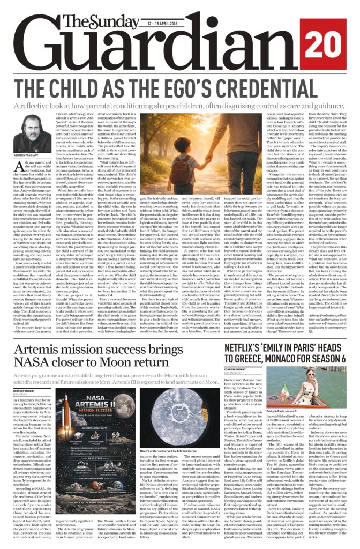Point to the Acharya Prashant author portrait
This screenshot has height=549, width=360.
click(29, 136)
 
